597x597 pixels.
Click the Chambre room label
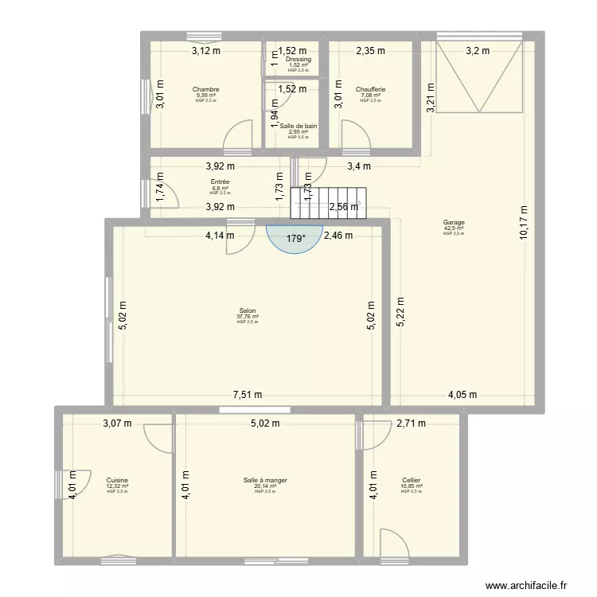[205, 90]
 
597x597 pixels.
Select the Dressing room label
[298, 60]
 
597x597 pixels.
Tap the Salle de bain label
[298, 126]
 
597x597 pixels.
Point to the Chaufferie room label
[370, 90]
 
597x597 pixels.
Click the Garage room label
[454, 223]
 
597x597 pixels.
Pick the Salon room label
[247, 311]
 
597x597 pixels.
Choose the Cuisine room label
[117, 480]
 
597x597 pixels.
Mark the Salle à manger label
[265, 480]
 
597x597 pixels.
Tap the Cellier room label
[412, 480]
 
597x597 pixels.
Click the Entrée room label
[220, 182]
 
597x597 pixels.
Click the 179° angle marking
[296, 237]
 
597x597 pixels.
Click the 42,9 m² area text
[454, 228]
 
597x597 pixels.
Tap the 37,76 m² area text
[247, 317]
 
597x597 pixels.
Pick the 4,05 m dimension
[462, 394]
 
